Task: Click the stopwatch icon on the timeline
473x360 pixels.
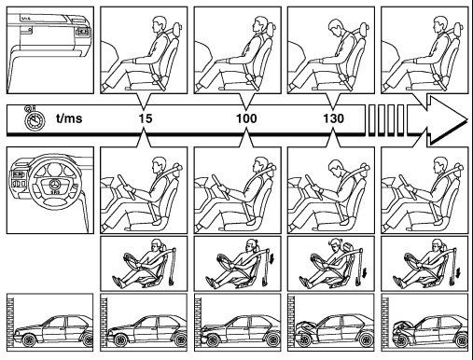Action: click(35, 118)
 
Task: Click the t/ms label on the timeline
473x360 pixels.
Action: click(69, 118)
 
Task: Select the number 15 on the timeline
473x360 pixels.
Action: click(146, 118)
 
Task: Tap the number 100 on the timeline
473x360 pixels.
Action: click(246, 118)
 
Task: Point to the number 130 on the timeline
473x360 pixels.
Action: click(333, 118)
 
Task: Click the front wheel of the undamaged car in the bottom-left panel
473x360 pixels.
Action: click(29, 340)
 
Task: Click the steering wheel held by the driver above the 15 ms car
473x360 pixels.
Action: click(127, 187)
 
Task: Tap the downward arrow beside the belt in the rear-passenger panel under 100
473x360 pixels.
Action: click(272, 258)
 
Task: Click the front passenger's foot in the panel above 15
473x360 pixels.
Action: click(106, 87)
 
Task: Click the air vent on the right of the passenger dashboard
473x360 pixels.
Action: click(82, 32)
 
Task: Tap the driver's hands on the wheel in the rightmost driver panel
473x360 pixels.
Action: click(410, 188)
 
